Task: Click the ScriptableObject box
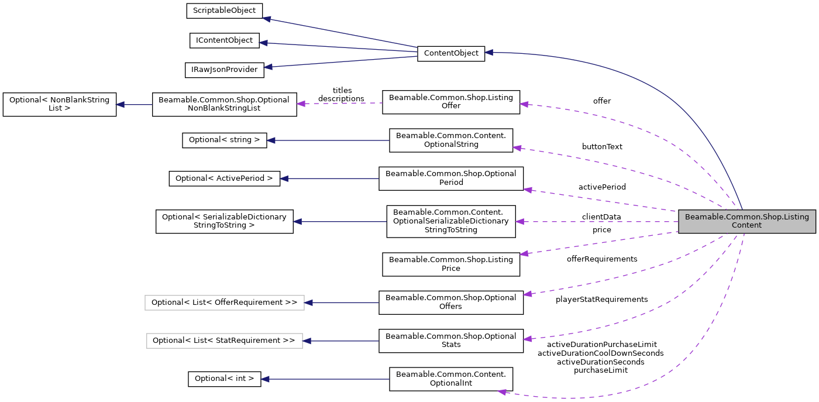point(224,11)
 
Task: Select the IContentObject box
point(224,40)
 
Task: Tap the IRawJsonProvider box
point(224,70)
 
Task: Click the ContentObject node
point(450,53)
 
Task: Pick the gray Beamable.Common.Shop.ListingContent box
point(746,221)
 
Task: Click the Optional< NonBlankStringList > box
point(59,104)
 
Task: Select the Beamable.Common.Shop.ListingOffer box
point(450,101)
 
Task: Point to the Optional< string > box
point(224,140)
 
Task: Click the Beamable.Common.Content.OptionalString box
point(450,140)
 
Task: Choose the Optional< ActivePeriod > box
point(224,178)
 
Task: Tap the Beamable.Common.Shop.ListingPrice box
point(450,264)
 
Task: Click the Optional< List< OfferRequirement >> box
point(224,303)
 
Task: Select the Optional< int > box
point(224,379)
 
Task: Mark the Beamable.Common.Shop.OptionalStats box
point(450,341)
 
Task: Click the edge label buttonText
point(602,147)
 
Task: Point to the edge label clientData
point(601,217)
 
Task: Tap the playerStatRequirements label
point(601,300)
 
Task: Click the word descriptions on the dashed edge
point(341,99)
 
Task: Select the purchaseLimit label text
point(600,370)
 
